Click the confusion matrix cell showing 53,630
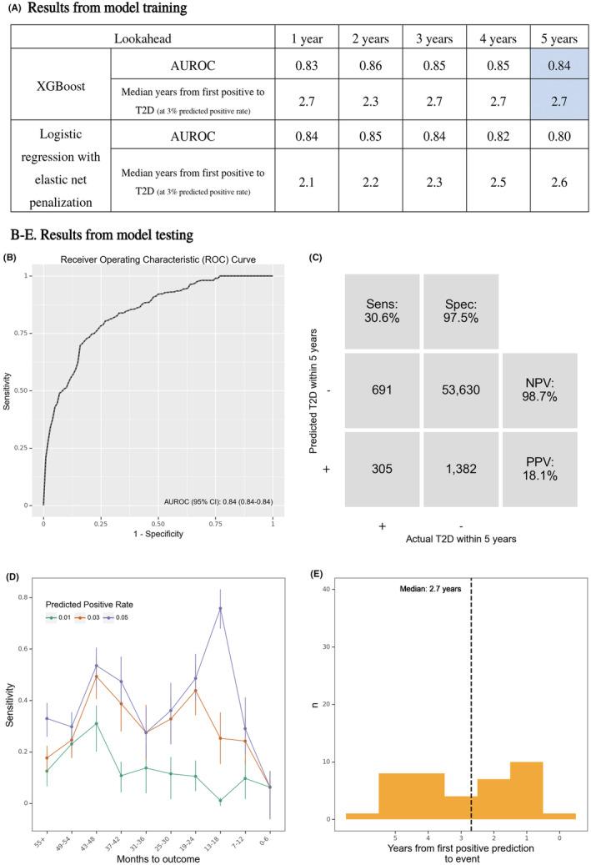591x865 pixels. [460, 389]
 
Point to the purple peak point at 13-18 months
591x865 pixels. [219, 608]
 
